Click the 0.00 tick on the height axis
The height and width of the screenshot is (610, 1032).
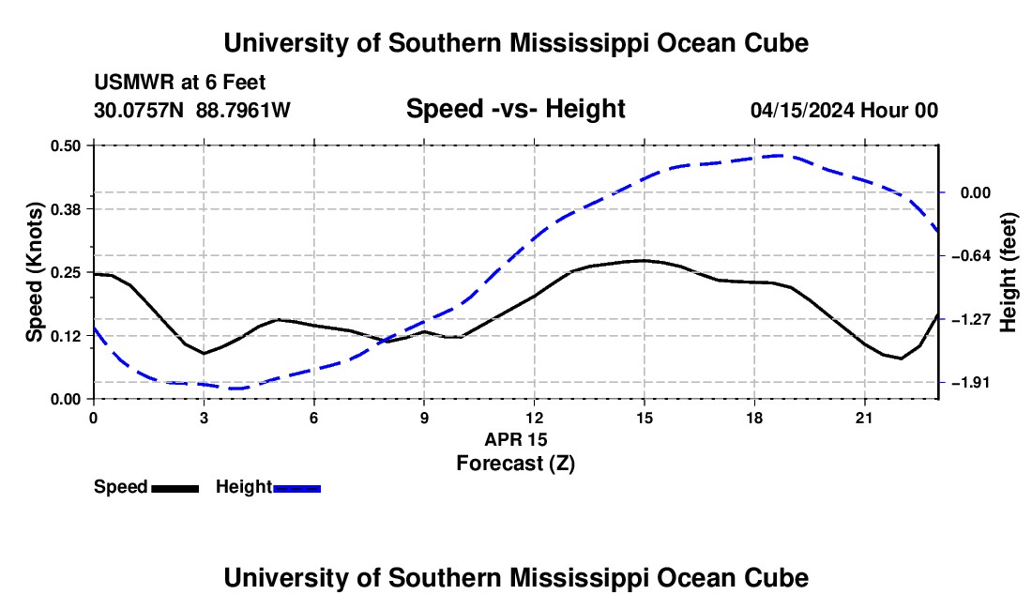976,192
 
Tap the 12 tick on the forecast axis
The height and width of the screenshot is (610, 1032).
534,418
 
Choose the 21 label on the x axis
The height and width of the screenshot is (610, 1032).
863,418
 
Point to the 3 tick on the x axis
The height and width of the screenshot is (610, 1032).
204,418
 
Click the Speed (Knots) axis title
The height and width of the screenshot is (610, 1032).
34,272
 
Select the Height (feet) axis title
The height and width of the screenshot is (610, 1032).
1009,272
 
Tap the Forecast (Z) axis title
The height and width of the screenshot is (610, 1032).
515,464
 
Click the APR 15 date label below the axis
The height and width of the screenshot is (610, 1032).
516,439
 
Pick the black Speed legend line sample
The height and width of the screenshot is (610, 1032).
175,488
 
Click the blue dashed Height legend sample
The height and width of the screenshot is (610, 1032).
297,488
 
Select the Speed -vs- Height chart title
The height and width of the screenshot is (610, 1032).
515,109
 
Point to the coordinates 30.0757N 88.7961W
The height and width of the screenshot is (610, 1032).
192,110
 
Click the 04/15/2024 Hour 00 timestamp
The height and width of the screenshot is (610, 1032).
843,110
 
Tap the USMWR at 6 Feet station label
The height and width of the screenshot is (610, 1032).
180,83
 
